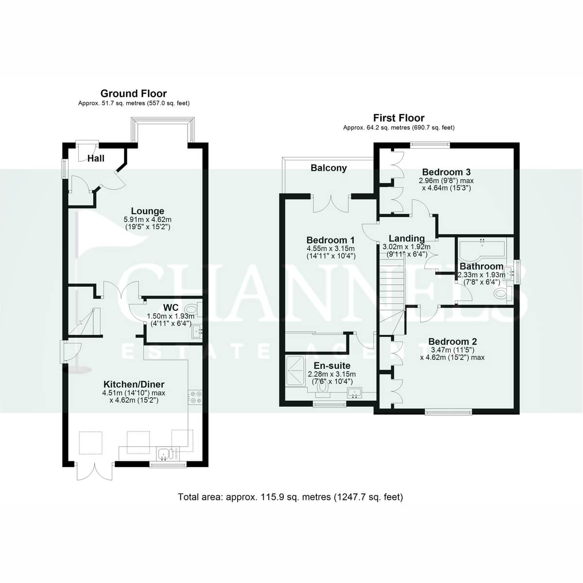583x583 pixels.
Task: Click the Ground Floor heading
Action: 134,93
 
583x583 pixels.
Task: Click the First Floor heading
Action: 399,118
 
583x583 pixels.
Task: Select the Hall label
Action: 96,158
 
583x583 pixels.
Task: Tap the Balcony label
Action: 328,168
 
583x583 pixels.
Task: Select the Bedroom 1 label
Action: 331,240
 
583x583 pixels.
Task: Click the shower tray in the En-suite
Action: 295,371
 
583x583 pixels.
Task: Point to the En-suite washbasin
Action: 354,393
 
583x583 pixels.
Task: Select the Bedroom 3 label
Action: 446,172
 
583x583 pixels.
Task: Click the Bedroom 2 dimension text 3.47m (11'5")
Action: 453,350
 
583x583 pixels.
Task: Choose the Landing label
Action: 407,239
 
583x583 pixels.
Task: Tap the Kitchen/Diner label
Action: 134,384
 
